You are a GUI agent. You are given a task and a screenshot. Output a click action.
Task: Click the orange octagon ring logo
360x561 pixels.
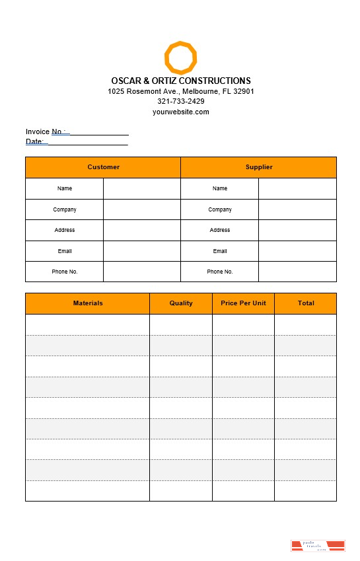coord(180,57)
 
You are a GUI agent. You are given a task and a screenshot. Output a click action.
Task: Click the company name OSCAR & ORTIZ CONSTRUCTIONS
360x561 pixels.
coord(181,81)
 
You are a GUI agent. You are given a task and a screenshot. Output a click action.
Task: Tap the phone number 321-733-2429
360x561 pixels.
coord(181,101)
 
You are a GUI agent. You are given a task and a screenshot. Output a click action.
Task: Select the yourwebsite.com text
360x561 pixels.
coord(181,112)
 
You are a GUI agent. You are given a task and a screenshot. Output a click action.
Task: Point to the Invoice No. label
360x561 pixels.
coord(46,131)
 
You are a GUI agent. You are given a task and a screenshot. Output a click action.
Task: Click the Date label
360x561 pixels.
coord(34,141)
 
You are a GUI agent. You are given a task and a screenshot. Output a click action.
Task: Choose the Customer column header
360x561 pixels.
coord(104,167)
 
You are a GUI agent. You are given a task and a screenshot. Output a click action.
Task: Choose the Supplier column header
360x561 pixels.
coord(259,167)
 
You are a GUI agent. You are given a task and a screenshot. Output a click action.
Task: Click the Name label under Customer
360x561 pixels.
coord(65,188)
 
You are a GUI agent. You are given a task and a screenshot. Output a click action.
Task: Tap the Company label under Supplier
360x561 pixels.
coord(220,209)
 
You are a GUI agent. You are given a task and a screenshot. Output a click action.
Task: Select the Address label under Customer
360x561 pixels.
coord(65,230)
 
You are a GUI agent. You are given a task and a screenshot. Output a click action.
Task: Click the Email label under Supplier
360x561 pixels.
coord(220,251)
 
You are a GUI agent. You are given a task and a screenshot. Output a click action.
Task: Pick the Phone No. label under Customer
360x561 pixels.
coord(65,272)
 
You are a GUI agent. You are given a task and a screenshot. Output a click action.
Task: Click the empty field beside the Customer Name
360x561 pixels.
coord(142,188)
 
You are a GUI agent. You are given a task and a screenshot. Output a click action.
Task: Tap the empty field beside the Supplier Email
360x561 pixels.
coord(297,251)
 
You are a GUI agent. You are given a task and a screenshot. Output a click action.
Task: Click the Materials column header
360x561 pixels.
coord(88,303)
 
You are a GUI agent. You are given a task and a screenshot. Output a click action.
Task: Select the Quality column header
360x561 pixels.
coord(181,303)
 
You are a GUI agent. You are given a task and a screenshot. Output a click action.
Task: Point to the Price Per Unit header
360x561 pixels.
coord(243,303)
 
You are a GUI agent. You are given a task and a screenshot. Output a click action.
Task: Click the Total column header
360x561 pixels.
coord(306,303)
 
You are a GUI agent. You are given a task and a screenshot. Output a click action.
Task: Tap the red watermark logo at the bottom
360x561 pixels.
coord(318,546)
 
